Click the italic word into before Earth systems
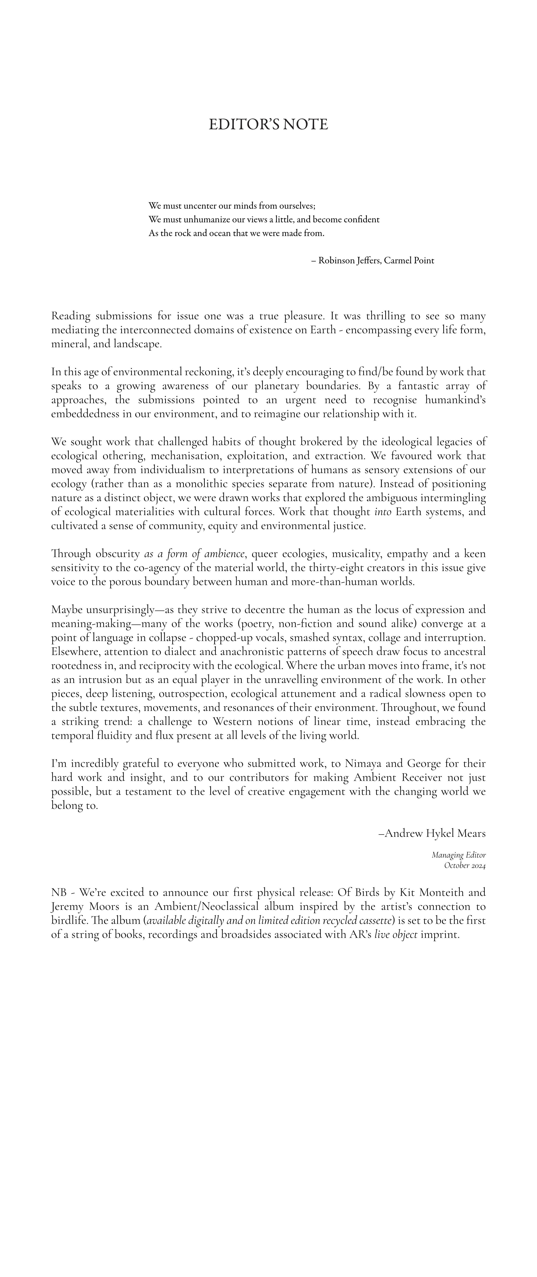coord(383,512)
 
